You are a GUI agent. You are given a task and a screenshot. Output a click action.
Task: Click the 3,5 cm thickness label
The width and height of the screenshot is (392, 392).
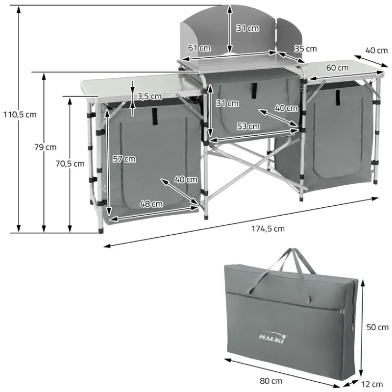pyautogui.click(x=149, y=96)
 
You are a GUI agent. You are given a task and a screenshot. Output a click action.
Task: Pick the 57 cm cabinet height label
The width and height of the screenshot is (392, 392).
pyautogui.click(x=124, y=159)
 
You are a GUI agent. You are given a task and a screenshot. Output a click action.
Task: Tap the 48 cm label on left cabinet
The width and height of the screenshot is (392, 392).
pyautogui.click(x=150, y=204)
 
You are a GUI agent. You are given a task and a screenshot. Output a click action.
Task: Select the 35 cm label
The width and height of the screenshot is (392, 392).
pyautogui.click(x=305, y=49)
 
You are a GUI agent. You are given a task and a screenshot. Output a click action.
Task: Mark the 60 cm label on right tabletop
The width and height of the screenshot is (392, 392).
pyautogui.click(x=337, y=68)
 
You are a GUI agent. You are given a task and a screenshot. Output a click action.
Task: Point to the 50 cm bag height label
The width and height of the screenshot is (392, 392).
pyautogui.click(x=377, y=327)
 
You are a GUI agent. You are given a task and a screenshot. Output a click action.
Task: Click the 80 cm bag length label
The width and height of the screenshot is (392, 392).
pyautogui.click(x=271, y=380)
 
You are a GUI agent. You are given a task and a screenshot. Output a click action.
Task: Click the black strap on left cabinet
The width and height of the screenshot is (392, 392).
pyautogui.click(x=155, y=115)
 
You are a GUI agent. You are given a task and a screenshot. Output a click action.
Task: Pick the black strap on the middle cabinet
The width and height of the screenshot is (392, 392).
pyautogui.click(x=254, y=89)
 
